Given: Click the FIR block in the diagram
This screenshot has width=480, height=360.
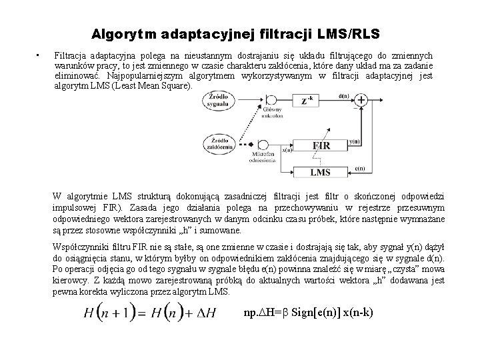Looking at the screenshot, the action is tap(320, 145).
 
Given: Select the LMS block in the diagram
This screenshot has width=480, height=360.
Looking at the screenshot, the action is tap(320, 172).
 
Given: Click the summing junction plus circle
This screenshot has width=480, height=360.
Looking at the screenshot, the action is tap(362, 101).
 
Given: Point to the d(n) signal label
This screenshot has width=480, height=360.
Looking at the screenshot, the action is tap(344, 95).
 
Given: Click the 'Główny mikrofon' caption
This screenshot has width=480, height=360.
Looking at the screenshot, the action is tap(273, 114).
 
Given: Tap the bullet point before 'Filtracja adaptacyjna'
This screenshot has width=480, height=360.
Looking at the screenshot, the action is tap(40, 55).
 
